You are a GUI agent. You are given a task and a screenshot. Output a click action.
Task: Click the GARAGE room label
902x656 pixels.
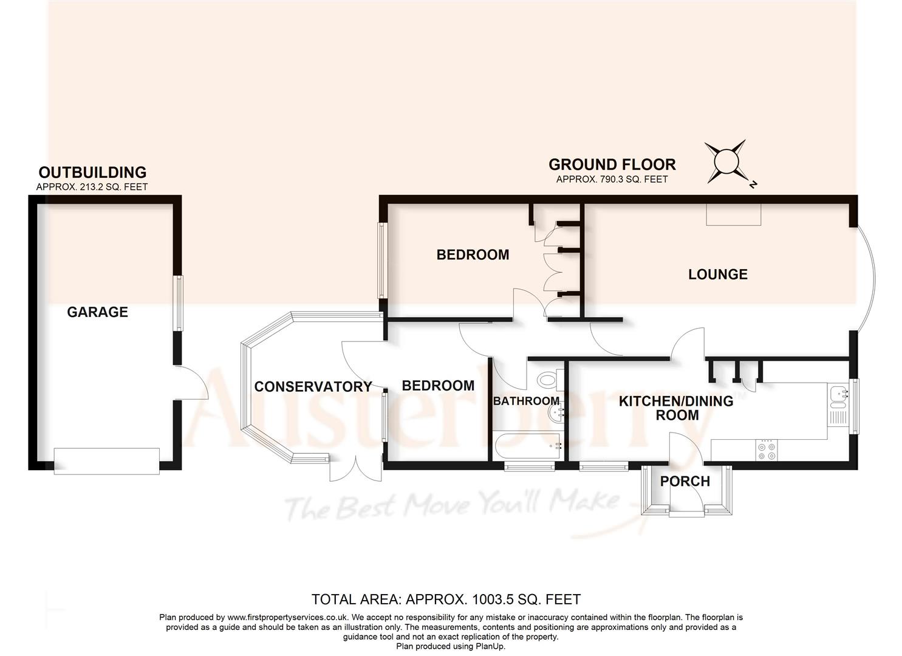[x=97, y=312]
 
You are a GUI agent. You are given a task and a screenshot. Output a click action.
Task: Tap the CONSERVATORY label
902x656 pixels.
[x=313, y=387]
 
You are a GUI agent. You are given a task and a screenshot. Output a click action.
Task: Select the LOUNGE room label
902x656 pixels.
[x=717, y=275]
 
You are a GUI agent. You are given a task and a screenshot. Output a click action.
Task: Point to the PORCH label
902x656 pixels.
[x=685, y=482]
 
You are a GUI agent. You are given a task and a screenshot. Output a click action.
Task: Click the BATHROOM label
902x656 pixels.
[x=526, y=401]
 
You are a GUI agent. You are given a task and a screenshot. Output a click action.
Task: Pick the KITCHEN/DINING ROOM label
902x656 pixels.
[x=676, y=408]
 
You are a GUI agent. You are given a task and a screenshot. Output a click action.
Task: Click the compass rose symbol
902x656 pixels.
[x=725, y=162]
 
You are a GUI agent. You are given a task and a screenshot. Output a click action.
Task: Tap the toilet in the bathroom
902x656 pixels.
[x=547, y=380]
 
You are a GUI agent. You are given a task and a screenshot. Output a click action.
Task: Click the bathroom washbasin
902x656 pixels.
[x=556, y=413]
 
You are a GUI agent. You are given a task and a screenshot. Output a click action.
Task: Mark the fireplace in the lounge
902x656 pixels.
[x=733, y=214]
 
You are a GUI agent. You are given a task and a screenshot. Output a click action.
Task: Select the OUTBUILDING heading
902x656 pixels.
[x=92, y=173]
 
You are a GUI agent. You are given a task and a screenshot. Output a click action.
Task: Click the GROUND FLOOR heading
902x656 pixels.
[x=612, y=165]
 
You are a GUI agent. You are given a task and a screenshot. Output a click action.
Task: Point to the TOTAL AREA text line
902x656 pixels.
[x=446, y=600]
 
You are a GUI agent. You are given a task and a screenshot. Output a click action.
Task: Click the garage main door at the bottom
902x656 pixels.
[x=107, y=461]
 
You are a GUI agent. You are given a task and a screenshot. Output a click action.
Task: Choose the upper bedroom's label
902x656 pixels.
[x=473, y=255]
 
